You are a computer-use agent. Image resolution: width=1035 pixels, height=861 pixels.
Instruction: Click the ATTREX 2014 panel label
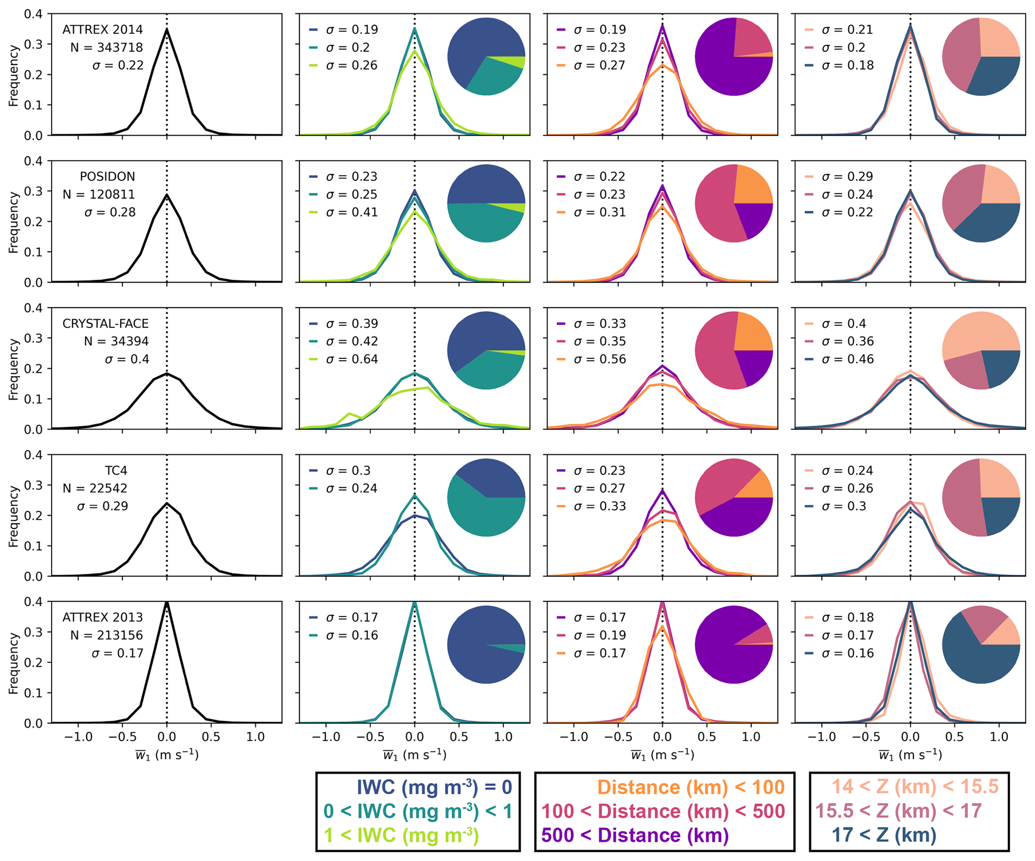tap(102, 30)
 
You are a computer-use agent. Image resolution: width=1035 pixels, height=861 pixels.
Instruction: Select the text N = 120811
tap(99, 194)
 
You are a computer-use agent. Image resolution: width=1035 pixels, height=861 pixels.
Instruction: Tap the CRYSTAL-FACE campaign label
tap(105, 324)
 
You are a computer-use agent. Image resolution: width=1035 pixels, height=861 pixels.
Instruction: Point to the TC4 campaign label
tap(116, 471)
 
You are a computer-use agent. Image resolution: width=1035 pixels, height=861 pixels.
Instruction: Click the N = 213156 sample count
tap(106, 635)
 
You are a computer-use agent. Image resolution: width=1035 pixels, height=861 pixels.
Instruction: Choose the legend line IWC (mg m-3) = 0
tap(434, 787)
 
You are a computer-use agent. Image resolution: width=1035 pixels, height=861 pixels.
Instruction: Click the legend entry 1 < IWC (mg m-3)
tap(401, 835)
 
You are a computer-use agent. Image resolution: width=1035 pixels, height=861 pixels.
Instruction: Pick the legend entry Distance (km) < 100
tap(691, 787)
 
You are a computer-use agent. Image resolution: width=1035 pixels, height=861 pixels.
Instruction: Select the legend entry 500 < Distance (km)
tap(634, 835)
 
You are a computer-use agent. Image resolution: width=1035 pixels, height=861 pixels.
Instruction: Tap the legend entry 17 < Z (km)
tap(884, 835)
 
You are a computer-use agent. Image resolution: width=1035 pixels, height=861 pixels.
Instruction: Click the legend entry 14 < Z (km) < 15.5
tap(915, 787)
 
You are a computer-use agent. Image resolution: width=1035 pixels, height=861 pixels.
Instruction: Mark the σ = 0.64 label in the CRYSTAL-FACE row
tap(352, 359)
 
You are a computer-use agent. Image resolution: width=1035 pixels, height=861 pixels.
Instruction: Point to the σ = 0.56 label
tap(599, 359)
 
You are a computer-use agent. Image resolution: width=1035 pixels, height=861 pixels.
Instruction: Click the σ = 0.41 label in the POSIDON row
tap(352, 212)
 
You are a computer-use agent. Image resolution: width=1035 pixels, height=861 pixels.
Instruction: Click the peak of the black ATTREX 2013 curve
tap(167, 603)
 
